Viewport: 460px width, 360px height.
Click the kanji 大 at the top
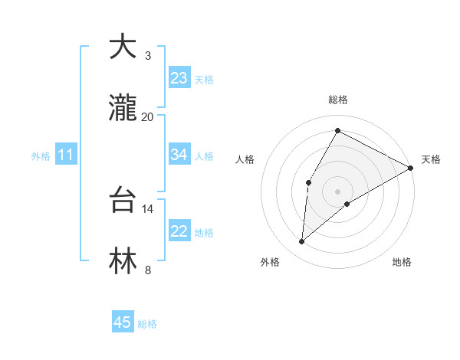click(x=123, y=47)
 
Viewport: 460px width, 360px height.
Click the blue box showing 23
click(x=179, y=78)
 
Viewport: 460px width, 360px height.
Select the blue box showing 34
click(x=179, y=155)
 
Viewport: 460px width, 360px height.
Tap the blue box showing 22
click(x=179, y=231)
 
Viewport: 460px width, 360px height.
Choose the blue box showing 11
click(x=66, y=155)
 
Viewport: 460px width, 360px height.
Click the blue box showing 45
click(x=123, y=322)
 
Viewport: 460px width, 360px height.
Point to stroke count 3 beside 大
click(x=148, y=56)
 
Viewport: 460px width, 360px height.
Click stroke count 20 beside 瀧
click(x=148, y=116)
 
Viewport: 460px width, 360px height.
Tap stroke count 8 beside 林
click(x=148, y=270)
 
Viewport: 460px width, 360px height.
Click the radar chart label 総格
click(x=338, y=100)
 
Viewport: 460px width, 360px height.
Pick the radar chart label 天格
click(x=431, y=159)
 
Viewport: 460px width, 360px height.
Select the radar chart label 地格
click(x=402, y=262)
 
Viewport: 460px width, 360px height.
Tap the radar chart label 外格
click(x=270, y=262)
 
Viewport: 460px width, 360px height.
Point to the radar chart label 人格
click(x=245, y=159)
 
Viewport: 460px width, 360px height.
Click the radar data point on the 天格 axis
click(x=411, y=168)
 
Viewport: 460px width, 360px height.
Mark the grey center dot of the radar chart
click(x=337, y=191)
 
